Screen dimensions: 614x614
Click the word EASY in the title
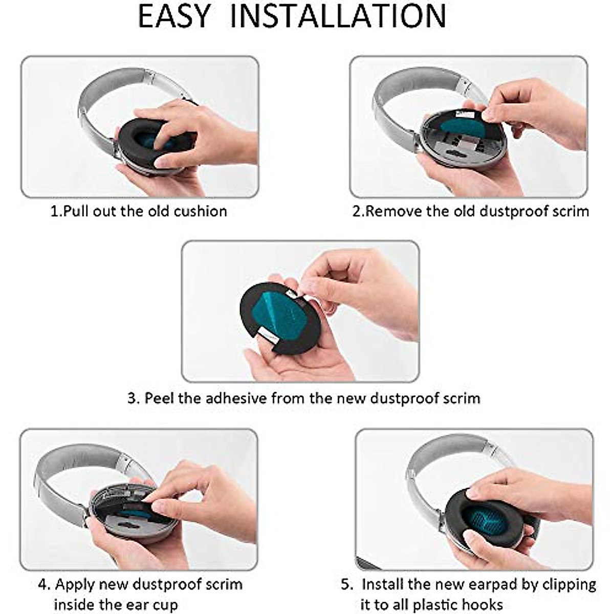173,16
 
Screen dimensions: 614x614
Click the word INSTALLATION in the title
338,16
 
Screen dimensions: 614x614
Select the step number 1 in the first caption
54,211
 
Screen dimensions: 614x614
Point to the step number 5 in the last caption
346,584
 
